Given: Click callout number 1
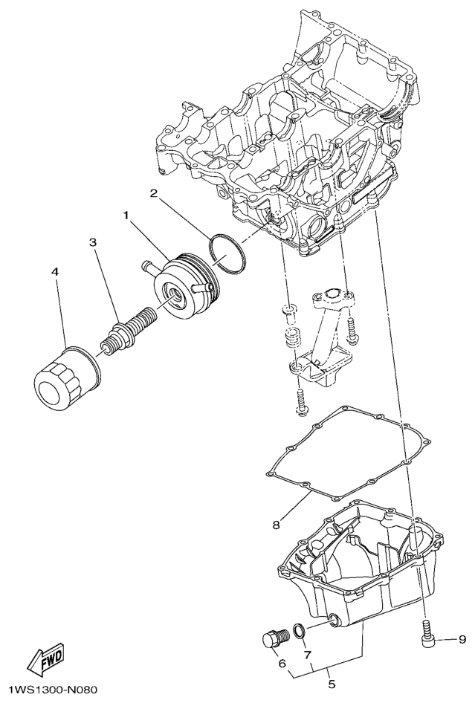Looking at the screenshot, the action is point(126,216).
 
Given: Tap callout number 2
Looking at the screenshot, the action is point(153,193).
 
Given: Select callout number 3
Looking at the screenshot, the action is point(92,242).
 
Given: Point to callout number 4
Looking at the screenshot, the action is point(54,272).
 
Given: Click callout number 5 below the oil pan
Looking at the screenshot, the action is point(332,684).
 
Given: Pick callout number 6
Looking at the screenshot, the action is point(282,663).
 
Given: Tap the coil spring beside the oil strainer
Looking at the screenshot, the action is point(292,335).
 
